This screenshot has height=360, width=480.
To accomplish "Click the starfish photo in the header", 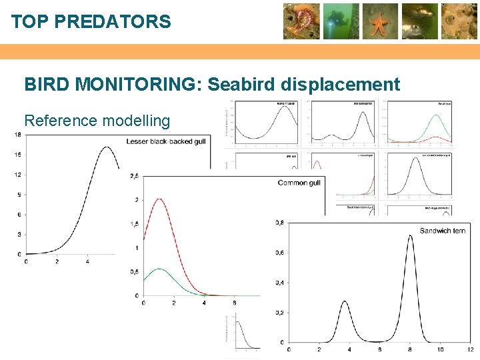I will click(x=381, y=21).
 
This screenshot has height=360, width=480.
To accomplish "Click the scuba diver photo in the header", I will click(x=341, y=21).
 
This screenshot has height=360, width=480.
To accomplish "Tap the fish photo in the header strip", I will click(x=420, y=21).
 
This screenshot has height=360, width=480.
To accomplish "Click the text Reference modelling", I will click(x=97, y=121).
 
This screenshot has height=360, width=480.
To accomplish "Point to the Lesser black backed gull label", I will click(x=167, y=141).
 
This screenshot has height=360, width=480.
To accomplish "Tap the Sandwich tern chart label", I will click(x=443, y=231).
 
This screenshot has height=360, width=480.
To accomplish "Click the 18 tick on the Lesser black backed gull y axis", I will click(x=17, y=135).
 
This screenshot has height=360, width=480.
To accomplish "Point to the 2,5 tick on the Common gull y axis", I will click(x=134, y=176).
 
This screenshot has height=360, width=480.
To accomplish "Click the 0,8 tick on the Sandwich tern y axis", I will click(x=280, y=223).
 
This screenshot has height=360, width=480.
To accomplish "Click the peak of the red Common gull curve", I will click(x=159, y=199).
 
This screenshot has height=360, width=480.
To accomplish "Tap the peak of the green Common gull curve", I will click(x=159, y=269).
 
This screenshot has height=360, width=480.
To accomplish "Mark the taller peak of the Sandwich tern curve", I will click(x=410, y=235).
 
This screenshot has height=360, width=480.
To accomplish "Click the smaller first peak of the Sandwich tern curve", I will click(x=345, y=301).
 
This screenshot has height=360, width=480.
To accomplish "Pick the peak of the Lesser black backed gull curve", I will click(x=105, y=147).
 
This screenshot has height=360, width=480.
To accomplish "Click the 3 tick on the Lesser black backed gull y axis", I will click(x=19, y=234).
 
